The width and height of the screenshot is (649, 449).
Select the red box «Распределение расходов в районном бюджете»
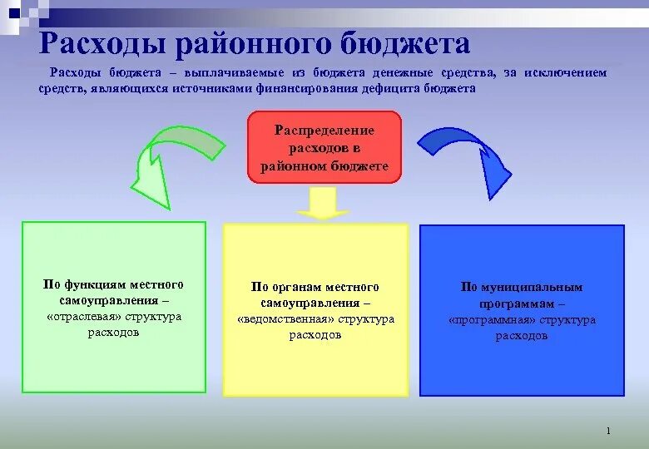(x=324, y=147)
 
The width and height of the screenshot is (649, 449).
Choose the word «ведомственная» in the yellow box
(x=278, y=319)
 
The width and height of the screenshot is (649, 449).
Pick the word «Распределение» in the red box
(x=324, y=131)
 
